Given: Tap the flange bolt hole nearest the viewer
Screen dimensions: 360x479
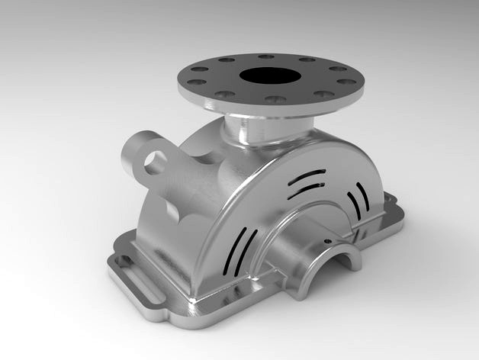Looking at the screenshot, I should [276, 99].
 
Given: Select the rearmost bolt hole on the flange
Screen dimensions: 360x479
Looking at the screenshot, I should [265, 56].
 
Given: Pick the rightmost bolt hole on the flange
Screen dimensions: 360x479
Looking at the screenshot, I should [346, 82].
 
